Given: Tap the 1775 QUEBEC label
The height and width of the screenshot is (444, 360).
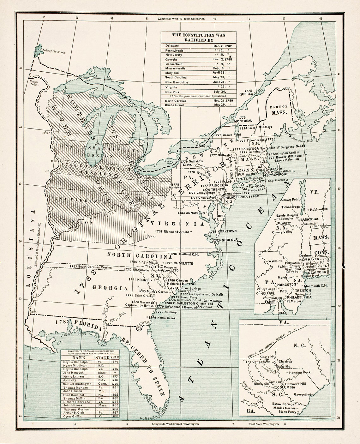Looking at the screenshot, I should tap(246, 92).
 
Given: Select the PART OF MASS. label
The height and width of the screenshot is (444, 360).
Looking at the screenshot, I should tap(279, 110).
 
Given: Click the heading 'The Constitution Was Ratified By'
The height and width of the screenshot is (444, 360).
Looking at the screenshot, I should tap(198, 38).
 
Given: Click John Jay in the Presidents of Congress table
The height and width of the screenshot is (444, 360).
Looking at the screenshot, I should tap(69, 380).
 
